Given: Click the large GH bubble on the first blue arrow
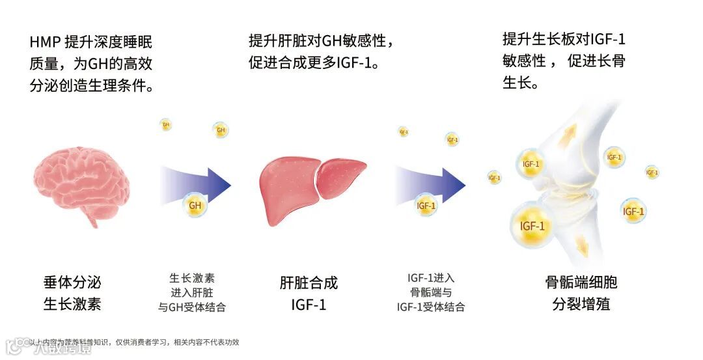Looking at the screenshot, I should [x=195, y=206].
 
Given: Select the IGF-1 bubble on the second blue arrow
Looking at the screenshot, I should [x=426, y=206].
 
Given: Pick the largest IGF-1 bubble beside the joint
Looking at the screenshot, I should [x=532, y=226].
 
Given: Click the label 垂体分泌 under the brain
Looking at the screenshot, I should [x=72, y=283].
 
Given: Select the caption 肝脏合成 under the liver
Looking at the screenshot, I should [x=309, y=283].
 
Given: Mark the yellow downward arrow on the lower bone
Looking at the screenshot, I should [x=581, y=245].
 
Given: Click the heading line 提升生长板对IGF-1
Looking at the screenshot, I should [x=564, y=39].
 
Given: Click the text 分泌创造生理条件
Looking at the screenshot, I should [x=92, y=85].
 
